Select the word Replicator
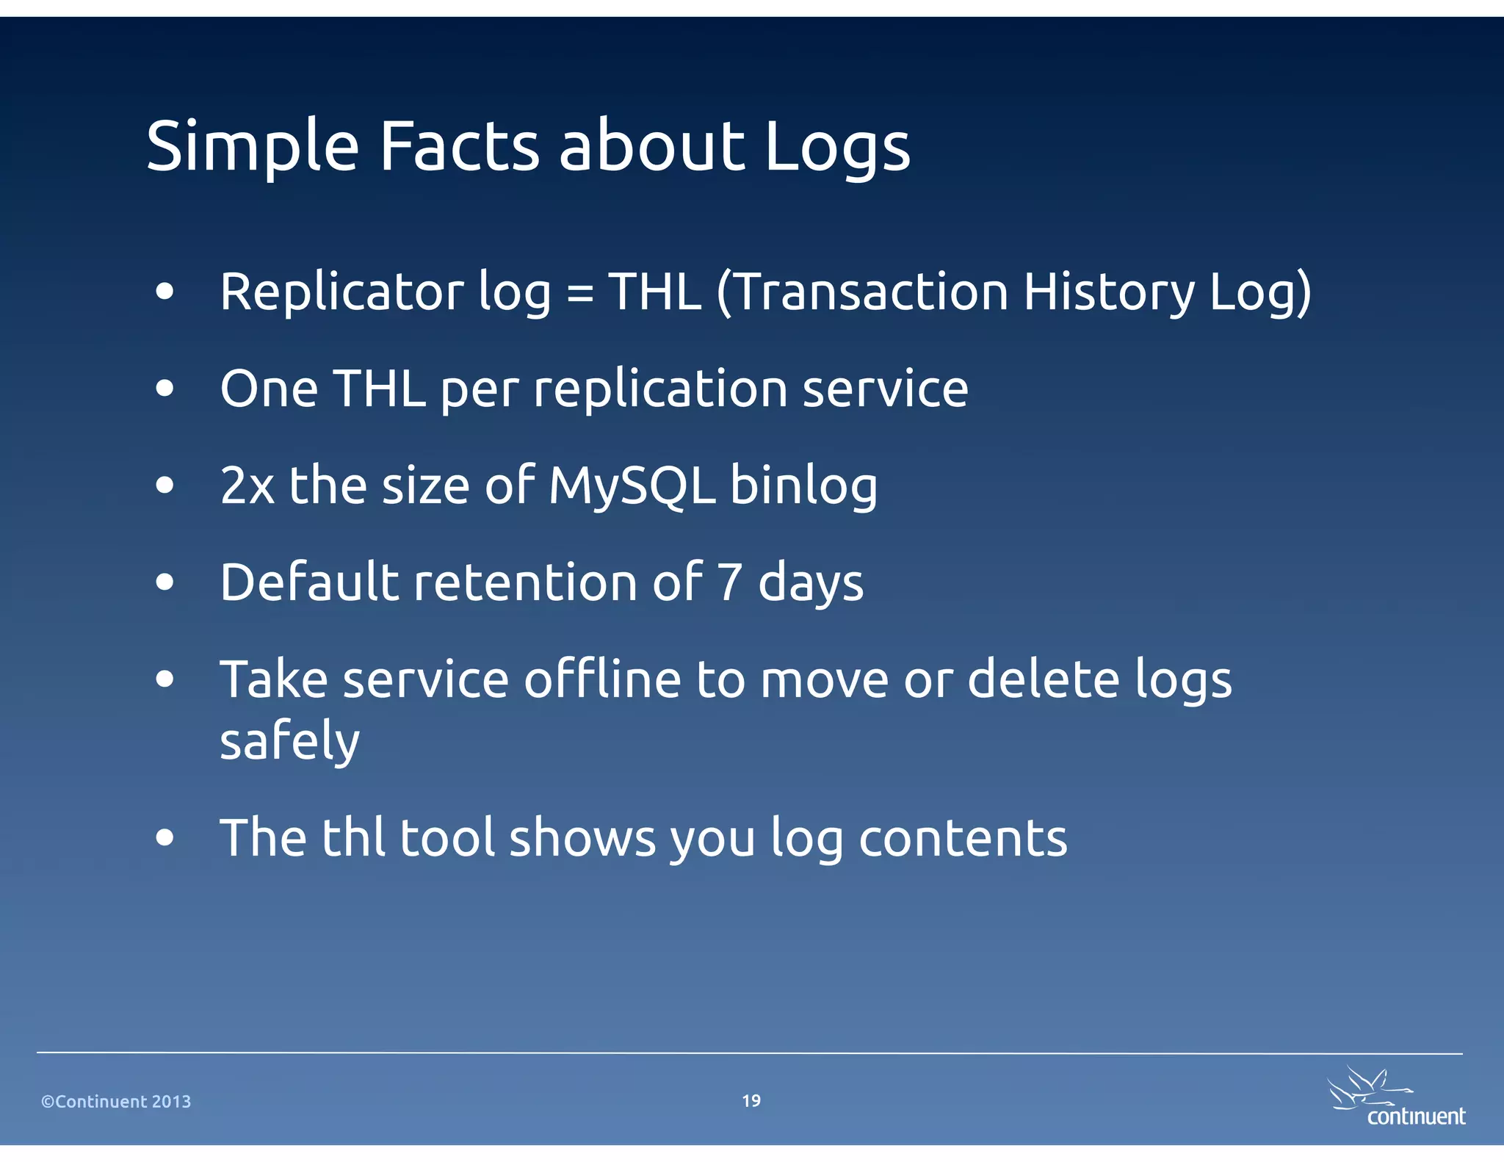coord(341,292)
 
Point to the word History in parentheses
coord(1109,292)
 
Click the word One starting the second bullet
coord(269,389)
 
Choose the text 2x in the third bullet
coord(247,486)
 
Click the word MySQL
coord(632,486)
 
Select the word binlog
coord(803,486)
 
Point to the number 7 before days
coord(728,582)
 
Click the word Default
coord(309,582)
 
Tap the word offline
coord(602,679)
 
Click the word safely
coord(289,741)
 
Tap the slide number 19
coord(751,1100)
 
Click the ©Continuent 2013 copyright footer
coord(116,1101)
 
